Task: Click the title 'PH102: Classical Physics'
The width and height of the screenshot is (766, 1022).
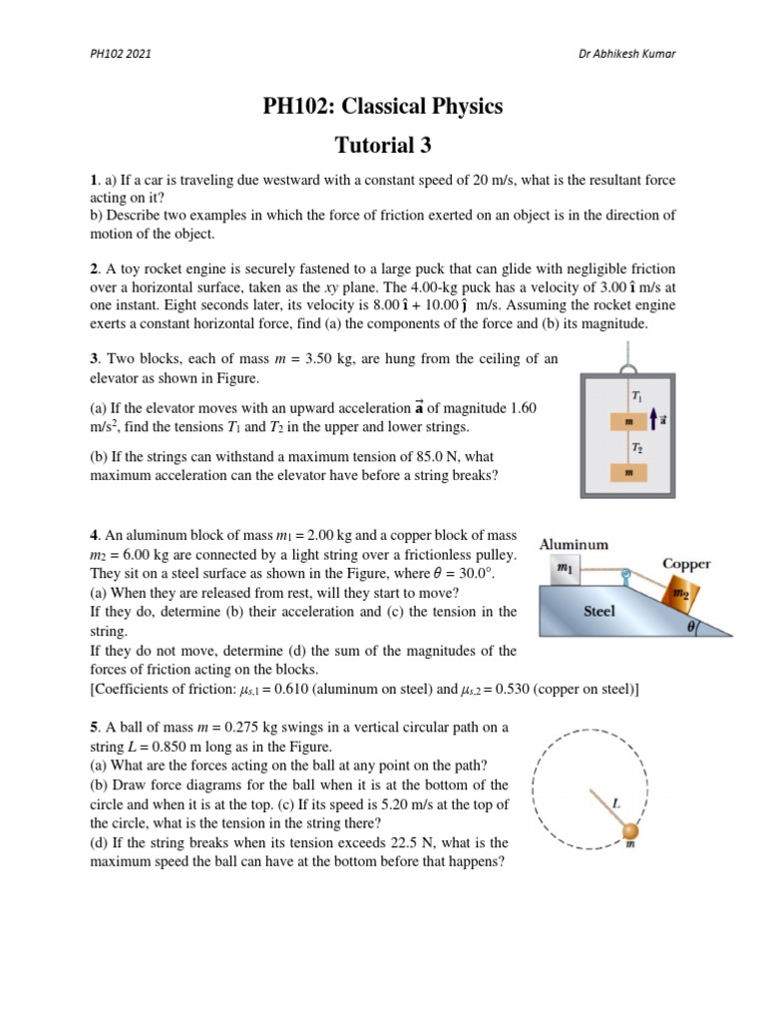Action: click(x=383, y=106)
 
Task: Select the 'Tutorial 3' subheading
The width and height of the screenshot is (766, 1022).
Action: click(x=383, y=145)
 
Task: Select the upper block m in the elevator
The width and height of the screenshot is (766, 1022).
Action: click(x=628, y=422)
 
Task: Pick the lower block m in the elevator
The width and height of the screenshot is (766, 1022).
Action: click(x=628, y=472)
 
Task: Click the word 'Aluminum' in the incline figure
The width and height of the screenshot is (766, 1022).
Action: click(x=574, y=544)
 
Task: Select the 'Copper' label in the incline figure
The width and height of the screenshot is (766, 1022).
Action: click(x=686, y=563)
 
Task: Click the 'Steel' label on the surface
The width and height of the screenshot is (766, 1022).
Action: click(x=598, y=611)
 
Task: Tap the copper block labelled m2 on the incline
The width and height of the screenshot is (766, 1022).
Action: click(x=681, y=595)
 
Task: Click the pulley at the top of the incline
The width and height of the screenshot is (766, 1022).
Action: click(x=626, y=575)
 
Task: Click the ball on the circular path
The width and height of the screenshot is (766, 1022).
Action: click(x=630, y=830)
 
